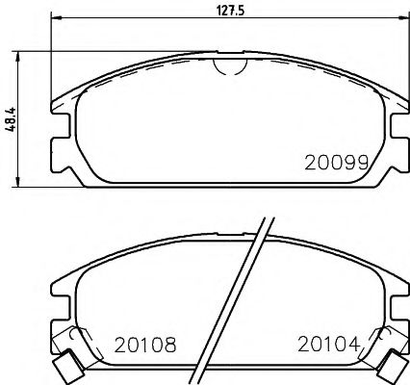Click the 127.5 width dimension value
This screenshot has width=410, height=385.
click(x=231, y=11)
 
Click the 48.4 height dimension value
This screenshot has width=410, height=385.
click(x=11, y=119)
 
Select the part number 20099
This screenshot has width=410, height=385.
click(x=336, y=163)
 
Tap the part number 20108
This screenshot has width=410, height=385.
click(x=145, y=345)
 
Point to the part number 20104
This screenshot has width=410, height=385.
click(x=327, y=345)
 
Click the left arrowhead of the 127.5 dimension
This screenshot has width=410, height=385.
click(x=55, y=18)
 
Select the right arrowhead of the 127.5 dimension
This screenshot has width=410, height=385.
click(x=405, y=18)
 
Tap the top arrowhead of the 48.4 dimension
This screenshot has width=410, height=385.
click(x=18, y=56)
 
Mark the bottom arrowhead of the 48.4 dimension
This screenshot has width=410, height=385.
click(x=18, y=182)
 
